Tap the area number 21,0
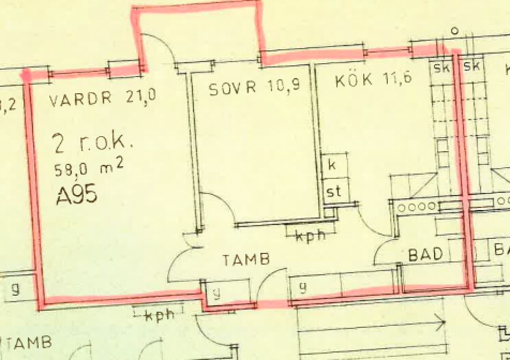[x=141, y=97]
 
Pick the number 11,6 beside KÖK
[x=398, y=79]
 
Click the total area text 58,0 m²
[x=89, y=169]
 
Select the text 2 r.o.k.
[x=92, y=144]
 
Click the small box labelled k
[x=332, y=165]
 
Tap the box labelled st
[x=334, y=191]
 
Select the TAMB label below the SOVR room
[x=246, y=260]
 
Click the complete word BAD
[x=426, y=254]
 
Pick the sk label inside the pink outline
[x=441, y=67]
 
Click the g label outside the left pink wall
[x=15, y=289]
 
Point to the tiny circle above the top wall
[x=454, y=31]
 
